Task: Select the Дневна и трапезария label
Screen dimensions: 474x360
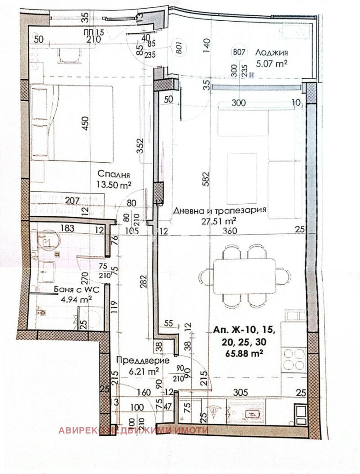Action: (x=220, y=210)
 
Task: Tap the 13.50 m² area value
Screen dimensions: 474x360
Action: (x=113, y=183)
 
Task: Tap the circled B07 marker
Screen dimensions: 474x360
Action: (x=239, y=52)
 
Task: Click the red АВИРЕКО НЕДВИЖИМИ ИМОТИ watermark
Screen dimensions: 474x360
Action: (x=133, y=430)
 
